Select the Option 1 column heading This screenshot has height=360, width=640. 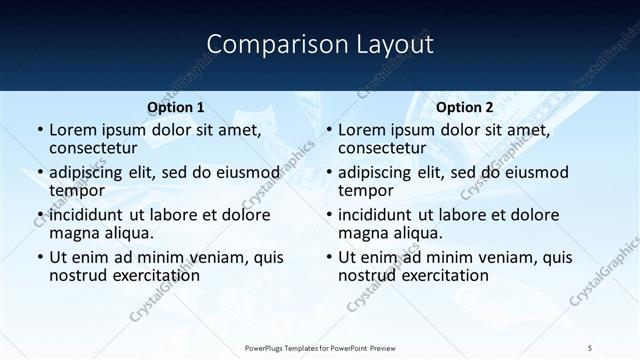[176, 108]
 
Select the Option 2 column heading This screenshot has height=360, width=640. [465, 108]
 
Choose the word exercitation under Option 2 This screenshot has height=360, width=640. [444, 276]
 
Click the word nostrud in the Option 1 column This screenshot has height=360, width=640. [78, 276]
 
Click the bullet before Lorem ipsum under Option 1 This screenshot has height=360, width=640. [39, 130]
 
